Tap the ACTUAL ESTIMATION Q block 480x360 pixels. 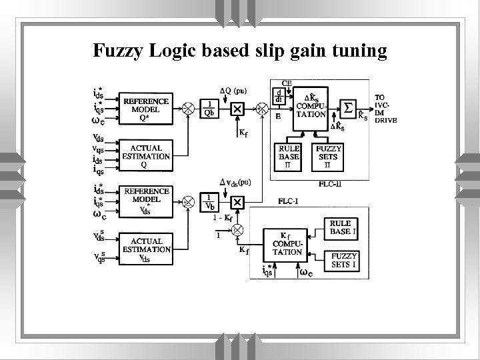tap(146, 153)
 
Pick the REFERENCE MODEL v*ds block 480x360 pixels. tap(146, 199)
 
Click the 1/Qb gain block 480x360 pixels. tap(210, 108)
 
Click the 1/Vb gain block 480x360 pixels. tap(210, 200)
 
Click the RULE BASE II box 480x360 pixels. tap(289, 157)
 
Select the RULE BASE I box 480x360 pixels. tap(343, 228)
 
